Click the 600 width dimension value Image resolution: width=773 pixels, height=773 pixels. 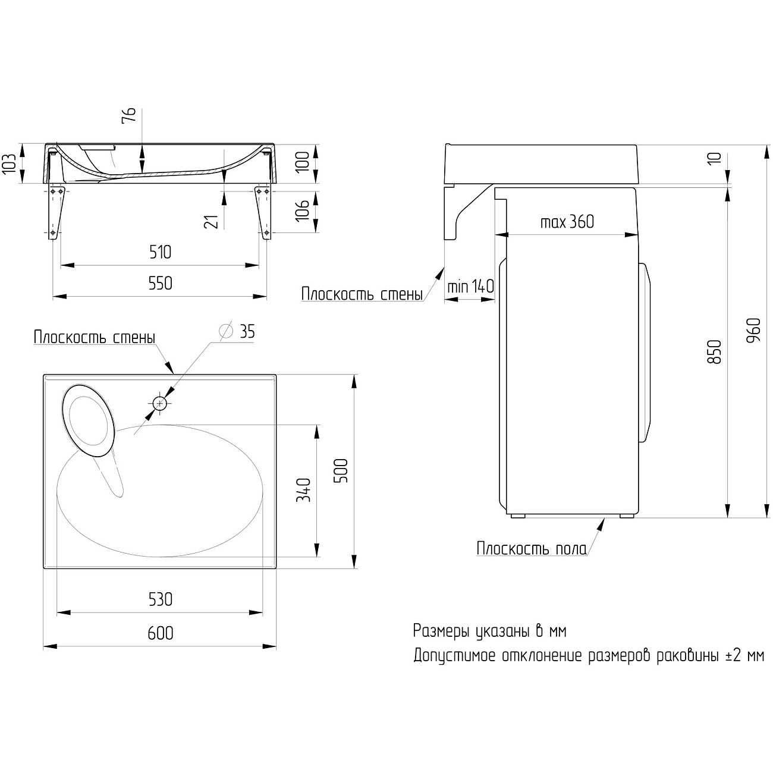(161, 633)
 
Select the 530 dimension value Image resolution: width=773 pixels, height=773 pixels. (161, 599)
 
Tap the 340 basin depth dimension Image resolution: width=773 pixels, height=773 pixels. (303, 490)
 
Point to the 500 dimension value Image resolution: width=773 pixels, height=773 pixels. (341, 470)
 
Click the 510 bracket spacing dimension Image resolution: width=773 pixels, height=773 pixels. (160, 252)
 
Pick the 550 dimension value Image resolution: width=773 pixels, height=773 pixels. (160, 283)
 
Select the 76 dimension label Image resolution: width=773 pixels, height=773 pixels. (129, 115)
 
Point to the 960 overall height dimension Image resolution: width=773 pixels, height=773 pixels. (753, 331)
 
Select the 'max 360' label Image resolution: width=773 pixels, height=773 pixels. (567, 222)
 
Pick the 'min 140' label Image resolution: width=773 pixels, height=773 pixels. (470, 286)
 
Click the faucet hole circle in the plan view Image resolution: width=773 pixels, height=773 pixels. (159, 404)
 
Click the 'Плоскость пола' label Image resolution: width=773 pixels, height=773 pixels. (531, 548)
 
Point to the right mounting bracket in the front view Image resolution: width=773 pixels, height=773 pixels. (263, 211)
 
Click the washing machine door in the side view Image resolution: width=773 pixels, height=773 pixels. (645, 353)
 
